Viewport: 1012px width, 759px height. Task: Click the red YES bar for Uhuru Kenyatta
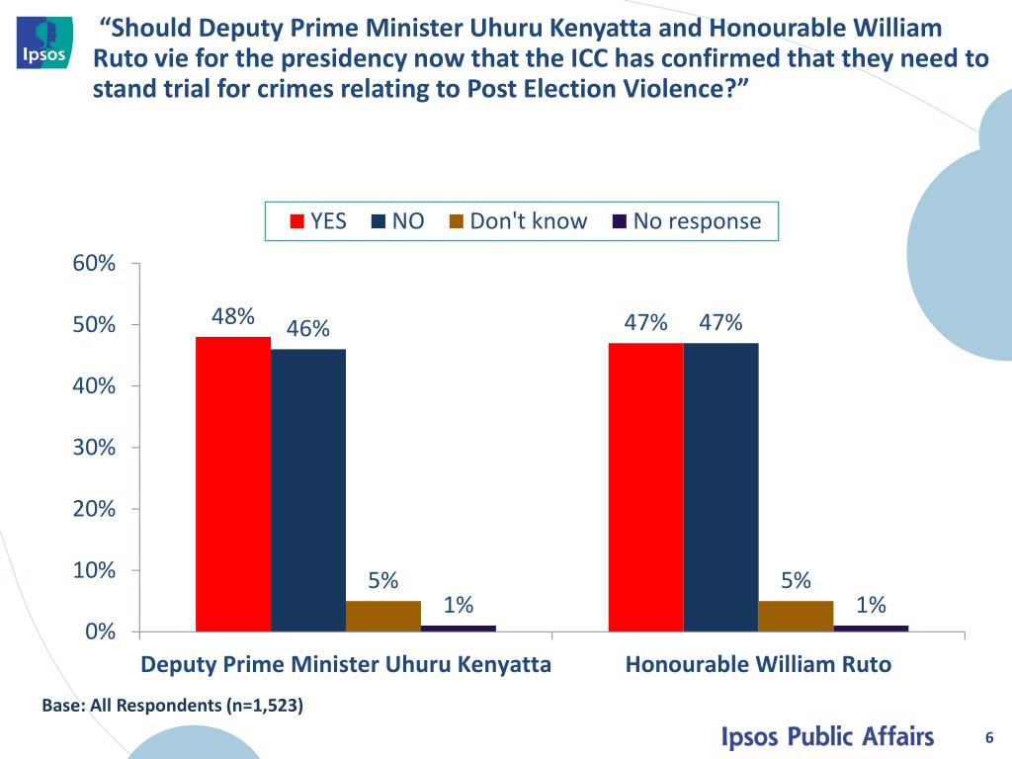pyautogui.click(x=233, y=483)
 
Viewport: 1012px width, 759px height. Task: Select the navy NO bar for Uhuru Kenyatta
pyautogui.click(x=308, y=489)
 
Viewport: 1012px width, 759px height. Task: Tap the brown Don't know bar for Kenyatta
pyautogui.click(x=383, y=615)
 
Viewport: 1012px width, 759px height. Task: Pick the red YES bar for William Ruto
pyautogui.click(x=645, y=486)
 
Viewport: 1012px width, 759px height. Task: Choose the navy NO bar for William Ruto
pyautogui.click(x=720, y=486)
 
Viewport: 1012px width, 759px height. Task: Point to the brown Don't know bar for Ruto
pyautogui.click(x=796, y=615)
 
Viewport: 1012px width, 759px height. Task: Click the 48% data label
pyautogui.click(x=233, y=317)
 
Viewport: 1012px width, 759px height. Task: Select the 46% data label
pyautogui.click(x=308, y=329)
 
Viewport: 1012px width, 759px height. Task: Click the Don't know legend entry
pyautogui.click(x=518, y=221)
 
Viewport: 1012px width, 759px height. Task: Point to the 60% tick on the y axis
pyautogui.click(x=94, y=264)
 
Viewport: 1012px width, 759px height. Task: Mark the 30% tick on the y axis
pyautogui.click(x=94, y=448)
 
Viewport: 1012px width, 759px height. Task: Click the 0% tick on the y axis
pyautogui.click(x=99, y=632)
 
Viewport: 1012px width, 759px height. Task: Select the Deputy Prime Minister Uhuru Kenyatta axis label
pyautogui.click(x=346, y=664)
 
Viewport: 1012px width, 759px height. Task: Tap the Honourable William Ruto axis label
pyautogui.click(x=758, y=664)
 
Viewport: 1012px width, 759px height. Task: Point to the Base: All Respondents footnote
pyautogui.click(x=173, y=706)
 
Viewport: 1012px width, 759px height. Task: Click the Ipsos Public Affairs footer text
pyautogui.click(x=826, y=737)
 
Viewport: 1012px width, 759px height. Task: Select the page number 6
pyautogui.click(x=988, y=736)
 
